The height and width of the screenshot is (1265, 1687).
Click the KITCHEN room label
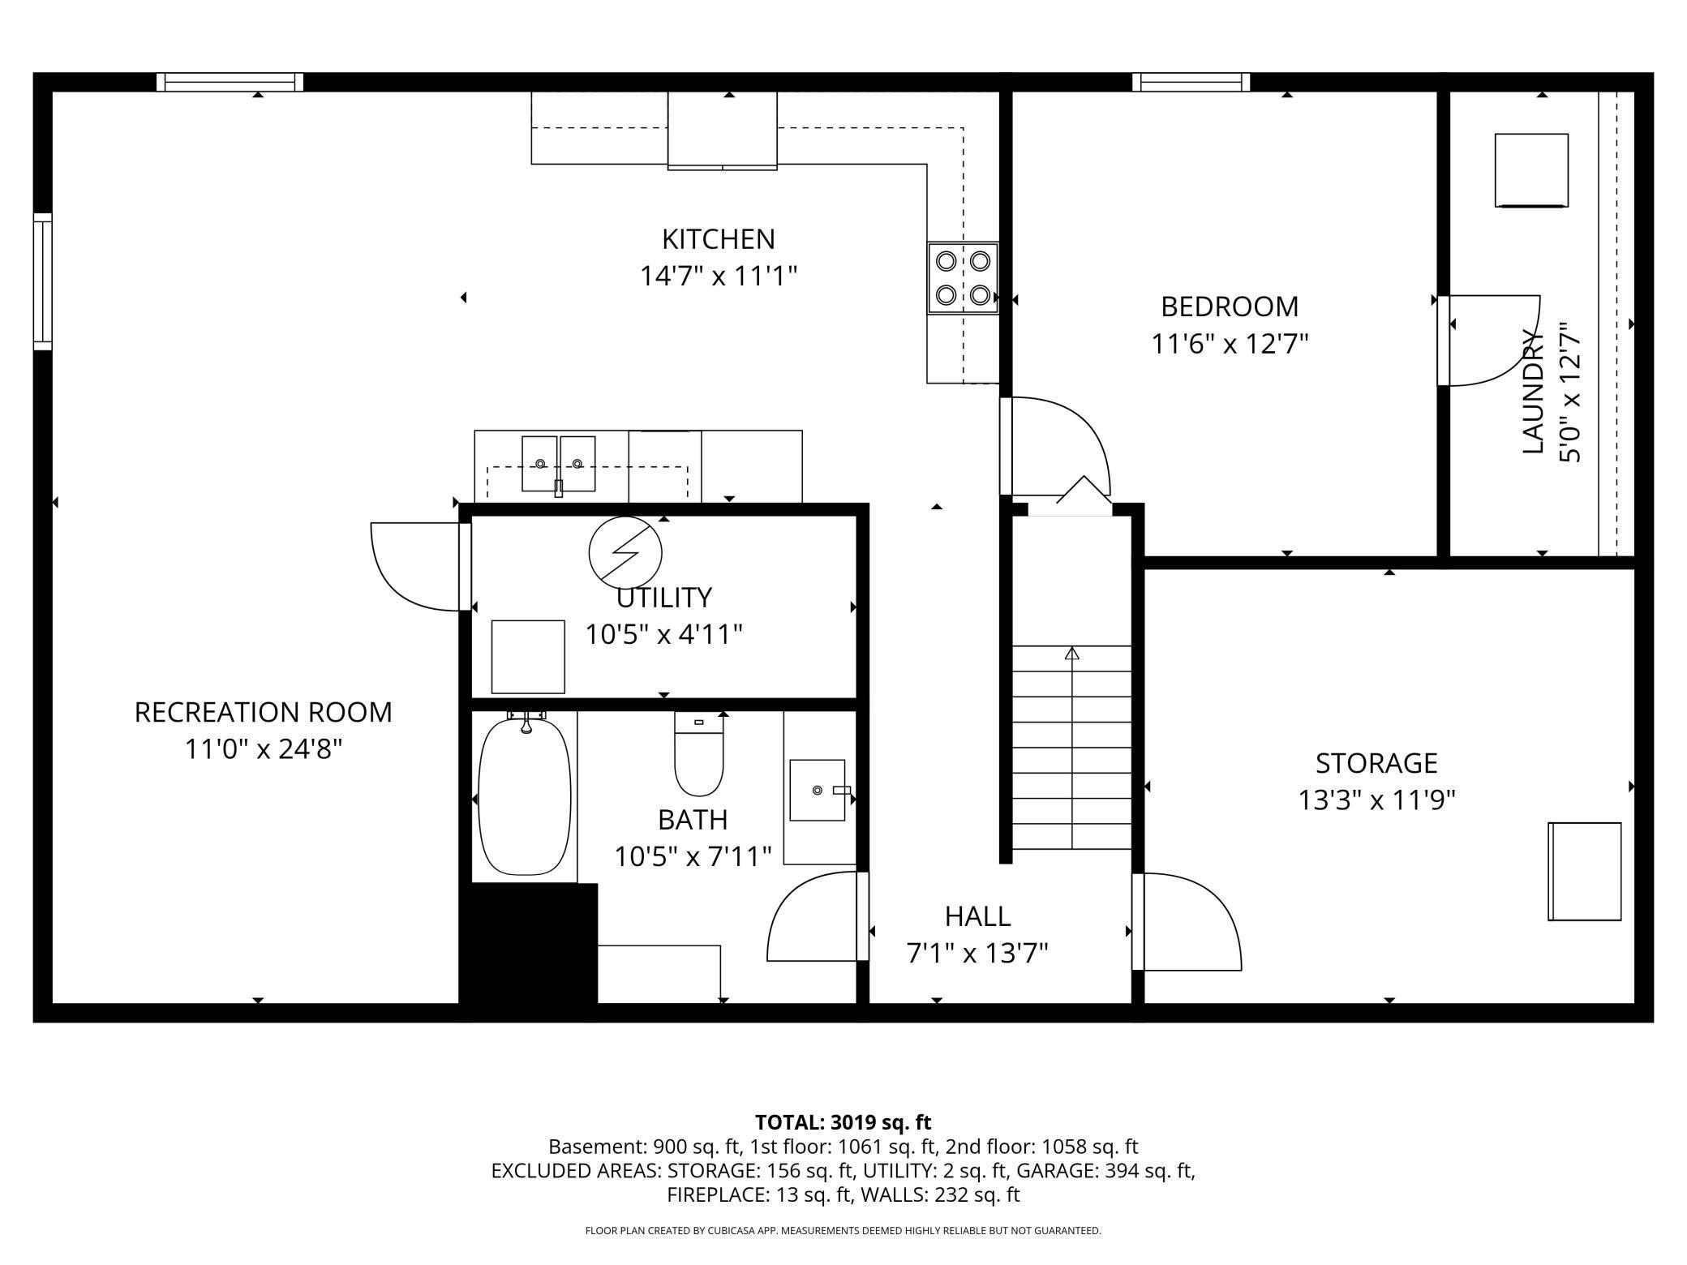pyautogui.click(x=718, y=239)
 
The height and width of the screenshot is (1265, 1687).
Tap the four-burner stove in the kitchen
pyautogui.click(x=963, y=277)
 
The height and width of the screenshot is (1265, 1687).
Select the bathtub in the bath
pyautogui.click(x=525, y=796)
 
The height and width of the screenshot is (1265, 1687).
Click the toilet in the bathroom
pyautogui.click(x=698, y=756)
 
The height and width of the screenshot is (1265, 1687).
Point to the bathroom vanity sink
pyautogui.click(x=817, y=790)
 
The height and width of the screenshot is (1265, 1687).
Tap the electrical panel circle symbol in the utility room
pyautogui.click(x=625, y=551)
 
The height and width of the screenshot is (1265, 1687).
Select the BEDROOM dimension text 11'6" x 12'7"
pyautogui.click(x=1230, y=344)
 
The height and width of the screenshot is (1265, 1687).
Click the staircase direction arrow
pyautogui.click(x=1072, y=654)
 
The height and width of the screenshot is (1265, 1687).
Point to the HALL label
pyautogui.click(x=977, y=916)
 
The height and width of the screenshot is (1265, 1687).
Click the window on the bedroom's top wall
pyautogui.click(x=1191, y=82)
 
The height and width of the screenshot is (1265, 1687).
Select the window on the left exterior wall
pyautogui.click(x=42, y=281)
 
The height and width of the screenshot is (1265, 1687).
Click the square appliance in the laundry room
pyautogui.click(x=1530, y=170)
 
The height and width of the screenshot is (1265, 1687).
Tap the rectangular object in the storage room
pyautogui.click(x=1584, y=871)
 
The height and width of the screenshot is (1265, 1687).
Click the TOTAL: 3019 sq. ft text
pyautogui.click(x=843, y=1122)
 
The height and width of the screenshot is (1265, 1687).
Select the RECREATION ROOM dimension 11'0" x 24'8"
pyautogui.click(x=264, y=748)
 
